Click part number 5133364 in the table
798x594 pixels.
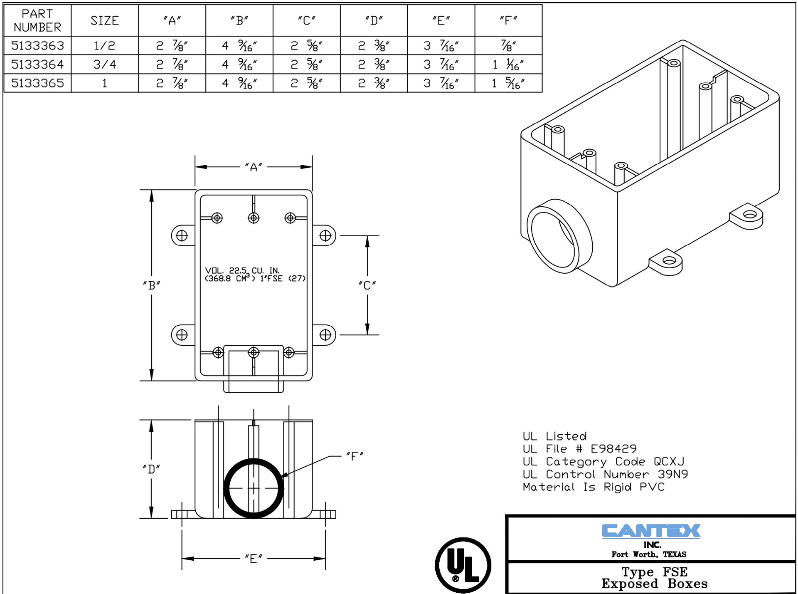[37, 64]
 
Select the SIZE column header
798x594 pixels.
[105, 20]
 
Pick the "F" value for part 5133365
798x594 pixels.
[508, 83]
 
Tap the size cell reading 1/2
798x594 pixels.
[105, 45]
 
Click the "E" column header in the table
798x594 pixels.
[441, 20]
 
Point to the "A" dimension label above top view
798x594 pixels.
[254, 167]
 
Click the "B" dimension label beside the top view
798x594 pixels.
[151, 285]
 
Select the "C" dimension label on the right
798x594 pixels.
[367, 285]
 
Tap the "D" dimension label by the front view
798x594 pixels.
[151, 469]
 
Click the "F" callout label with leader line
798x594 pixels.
[355, 456]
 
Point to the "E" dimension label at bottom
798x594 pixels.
[254, 559]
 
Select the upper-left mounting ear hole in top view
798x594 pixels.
[182, 235]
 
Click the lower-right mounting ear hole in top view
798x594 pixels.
[325, 335]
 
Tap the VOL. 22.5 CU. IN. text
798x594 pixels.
[242, 270]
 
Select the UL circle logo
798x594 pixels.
[463, 565]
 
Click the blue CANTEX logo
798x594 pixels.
[651, 531]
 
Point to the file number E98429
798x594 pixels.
[613, 449]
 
